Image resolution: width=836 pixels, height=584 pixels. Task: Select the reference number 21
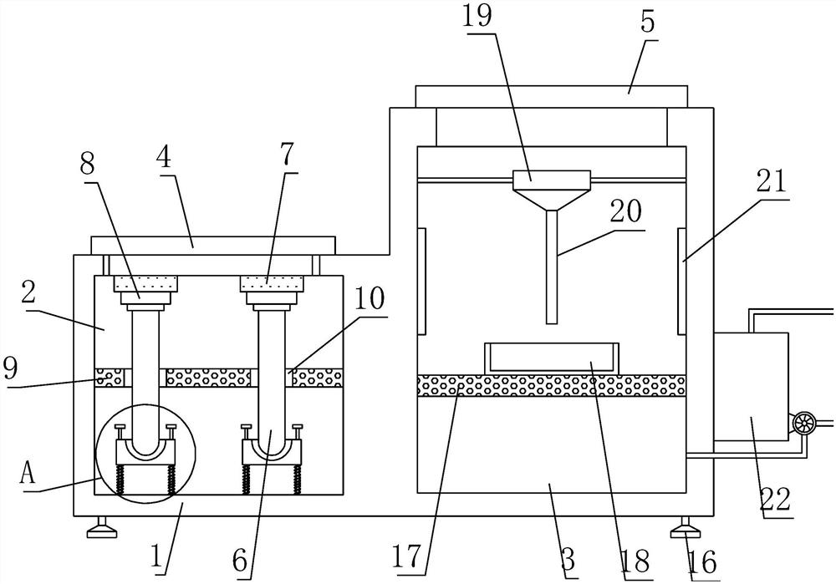point(772,181)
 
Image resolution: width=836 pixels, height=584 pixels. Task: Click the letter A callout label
point(28,472)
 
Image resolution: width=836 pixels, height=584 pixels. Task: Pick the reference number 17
point(409,557)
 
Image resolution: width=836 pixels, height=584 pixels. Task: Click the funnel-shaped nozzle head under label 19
point(551,190)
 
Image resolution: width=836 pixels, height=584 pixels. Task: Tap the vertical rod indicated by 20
point(551,267)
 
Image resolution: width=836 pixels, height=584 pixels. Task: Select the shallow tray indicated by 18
point(551,358)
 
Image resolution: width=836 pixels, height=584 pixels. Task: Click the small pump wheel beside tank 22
point(802,424)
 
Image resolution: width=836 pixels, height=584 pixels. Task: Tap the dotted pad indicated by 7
point(272,283)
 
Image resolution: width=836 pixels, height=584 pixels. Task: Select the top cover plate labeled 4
point(214,246)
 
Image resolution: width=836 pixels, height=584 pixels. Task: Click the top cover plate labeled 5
point(551,96)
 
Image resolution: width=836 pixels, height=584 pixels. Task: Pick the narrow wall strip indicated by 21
point(681,281)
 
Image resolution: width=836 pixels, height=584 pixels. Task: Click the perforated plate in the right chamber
point(551,385)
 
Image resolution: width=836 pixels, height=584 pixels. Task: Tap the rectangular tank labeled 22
point(751,386)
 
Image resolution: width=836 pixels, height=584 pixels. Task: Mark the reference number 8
point(88,165)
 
